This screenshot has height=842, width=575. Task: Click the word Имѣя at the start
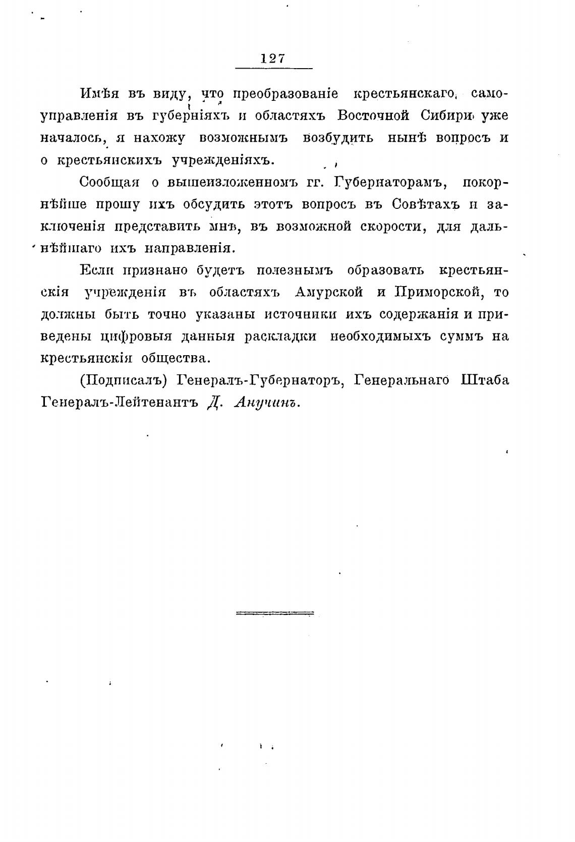tap(99, 94)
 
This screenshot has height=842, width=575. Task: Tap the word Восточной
tap(373, 116)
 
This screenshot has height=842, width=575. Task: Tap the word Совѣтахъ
tap(423, 204)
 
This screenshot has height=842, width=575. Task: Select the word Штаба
tap(485, 380)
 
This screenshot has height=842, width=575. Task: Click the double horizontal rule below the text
tap(274, 613)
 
